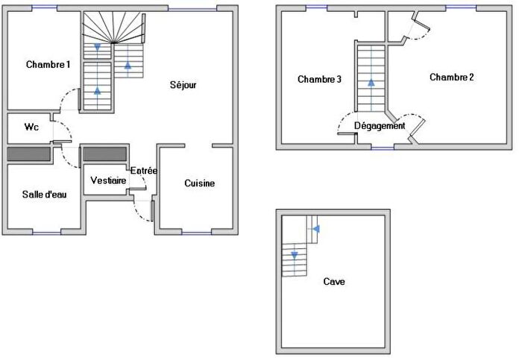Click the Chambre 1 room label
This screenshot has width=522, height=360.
tap(48, 64)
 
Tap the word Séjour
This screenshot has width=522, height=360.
tap(182, 85)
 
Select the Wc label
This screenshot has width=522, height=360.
tap(31, 127)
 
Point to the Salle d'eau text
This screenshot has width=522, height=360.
tap(45, 195)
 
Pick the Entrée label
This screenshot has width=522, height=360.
tap(144, 171)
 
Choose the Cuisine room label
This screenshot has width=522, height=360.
tap(200, 183)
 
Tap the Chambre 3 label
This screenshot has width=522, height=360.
tap(319, 79)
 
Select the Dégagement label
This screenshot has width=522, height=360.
tap(379, 126)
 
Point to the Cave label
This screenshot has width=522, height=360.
tap(334, 282)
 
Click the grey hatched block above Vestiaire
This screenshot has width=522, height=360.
tap(105, 154)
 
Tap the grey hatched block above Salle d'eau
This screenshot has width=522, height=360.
tap(29, 154)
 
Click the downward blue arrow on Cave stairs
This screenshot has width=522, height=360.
tap(295, 256)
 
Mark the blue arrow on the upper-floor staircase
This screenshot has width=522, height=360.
tap(371, 83)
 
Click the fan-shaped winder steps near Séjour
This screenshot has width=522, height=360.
tap(111, 28)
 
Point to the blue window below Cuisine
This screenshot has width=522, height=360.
tap(196, 233)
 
